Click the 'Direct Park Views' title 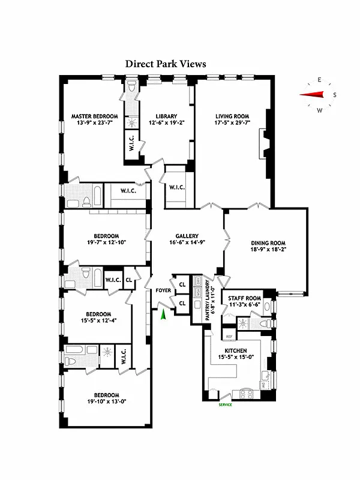click(166, 63)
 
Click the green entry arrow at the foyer click(162, 314)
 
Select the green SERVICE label click(224, 404)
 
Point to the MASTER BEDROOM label click(94, 116)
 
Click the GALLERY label click(187, 236)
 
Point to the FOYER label click(163, 290)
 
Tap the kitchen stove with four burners click(247, 394)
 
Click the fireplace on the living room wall click(262, 146)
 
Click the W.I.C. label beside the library click(177, 187)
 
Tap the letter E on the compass click(320, 80)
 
